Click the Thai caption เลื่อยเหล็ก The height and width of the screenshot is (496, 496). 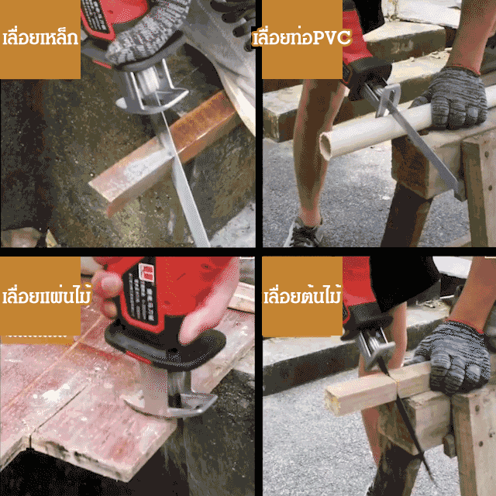[x=40, y=37]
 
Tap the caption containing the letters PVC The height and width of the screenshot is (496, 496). [x=302, y=37]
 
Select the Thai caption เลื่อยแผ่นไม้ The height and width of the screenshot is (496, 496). [x=46, y=295]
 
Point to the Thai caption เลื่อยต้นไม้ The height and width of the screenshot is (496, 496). [x=303, y=295]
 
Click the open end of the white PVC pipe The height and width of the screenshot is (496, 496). [x=325, y=146]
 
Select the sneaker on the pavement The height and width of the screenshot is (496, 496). [x=303, y=233]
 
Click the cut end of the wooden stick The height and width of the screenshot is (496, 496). [x=331, y=401]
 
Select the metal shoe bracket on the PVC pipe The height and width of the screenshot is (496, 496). [x=388, y=98]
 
